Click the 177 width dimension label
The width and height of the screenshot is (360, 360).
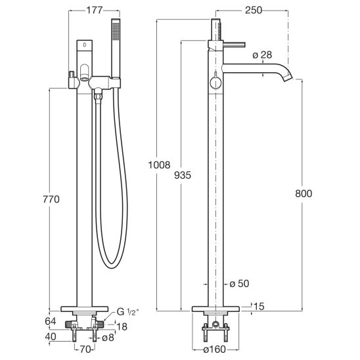click(95, 11)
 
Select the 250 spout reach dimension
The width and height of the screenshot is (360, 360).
click(253, 10)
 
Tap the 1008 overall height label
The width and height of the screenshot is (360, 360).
click(159, 165)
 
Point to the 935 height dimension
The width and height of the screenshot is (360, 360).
click(183, 175)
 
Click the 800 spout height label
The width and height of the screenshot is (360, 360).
click(304, 194)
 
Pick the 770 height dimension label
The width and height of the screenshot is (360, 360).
click(51, 199)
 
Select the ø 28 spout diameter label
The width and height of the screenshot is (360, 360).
click(262, 55)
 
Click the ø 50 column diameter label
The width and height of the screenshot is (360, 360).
click(239, 284)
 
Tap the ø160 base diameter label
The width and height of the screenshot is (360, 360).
click(214, 349)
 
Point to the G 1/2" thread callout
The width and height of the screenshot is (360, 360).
click(128, 312)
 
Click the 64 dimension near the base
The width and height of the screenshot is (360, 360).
click(51, 321)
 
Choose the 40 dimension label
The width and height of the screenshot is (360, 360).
click(51, 336)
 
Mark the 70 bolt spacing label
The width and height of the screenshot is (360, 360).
click(85, 349)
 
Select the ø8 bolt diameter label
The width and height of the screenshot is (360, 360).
click(108, 338)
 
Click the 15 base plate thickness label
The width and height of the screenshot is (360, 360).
click(259, 306)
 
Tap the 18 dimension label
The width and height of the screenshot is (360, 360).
click(122, 326)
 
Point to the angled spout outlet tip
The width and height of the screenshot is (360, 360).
click(288, 78)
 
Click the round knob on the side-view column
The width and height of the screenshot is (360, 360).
click(215, 83)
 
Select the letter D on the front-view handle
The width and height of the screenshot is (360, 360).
click(85, 45)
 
